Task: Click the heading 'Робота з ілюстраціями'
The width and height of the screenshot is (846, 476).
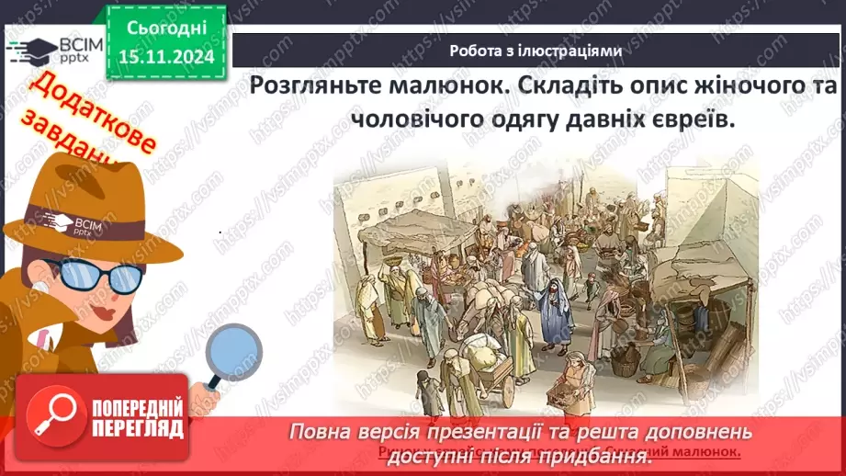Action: click(536, 51)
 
